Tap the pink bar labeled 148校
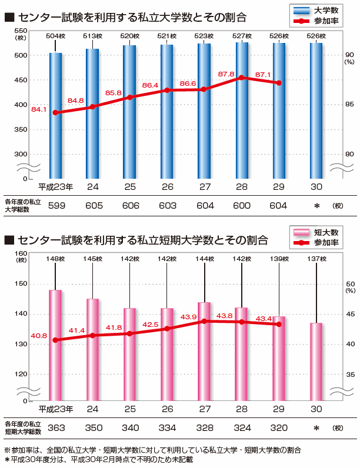pyautogui.click(x=55, y=347)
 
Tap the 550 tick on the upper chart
pyautogui.click(x=19, y=31)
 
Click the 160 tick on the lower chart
pyautogui.click(x=19, y=253)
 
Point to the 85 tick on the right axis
pyautogui.click(x=349, y=105)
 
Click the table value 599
pyautogui.click(x=56, y=206)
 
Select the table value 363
pyautogui.click(x=56, y=427)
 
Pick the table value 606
pyautogui.click(x=130, y=206)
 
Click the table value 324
pyautogui.click(x=242, y=427)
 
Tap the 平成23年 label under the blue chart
pyautogui.click(x=56, y=187)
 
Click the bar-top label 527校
pyautogui.click(x=242, y=36)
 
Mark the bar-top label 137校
pyautogui.click(x=316, y=259)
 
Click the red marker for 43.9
pyautogui.click(x=204, y=321)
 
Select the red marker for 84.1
pyautogui.click(x=55, y=112)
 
